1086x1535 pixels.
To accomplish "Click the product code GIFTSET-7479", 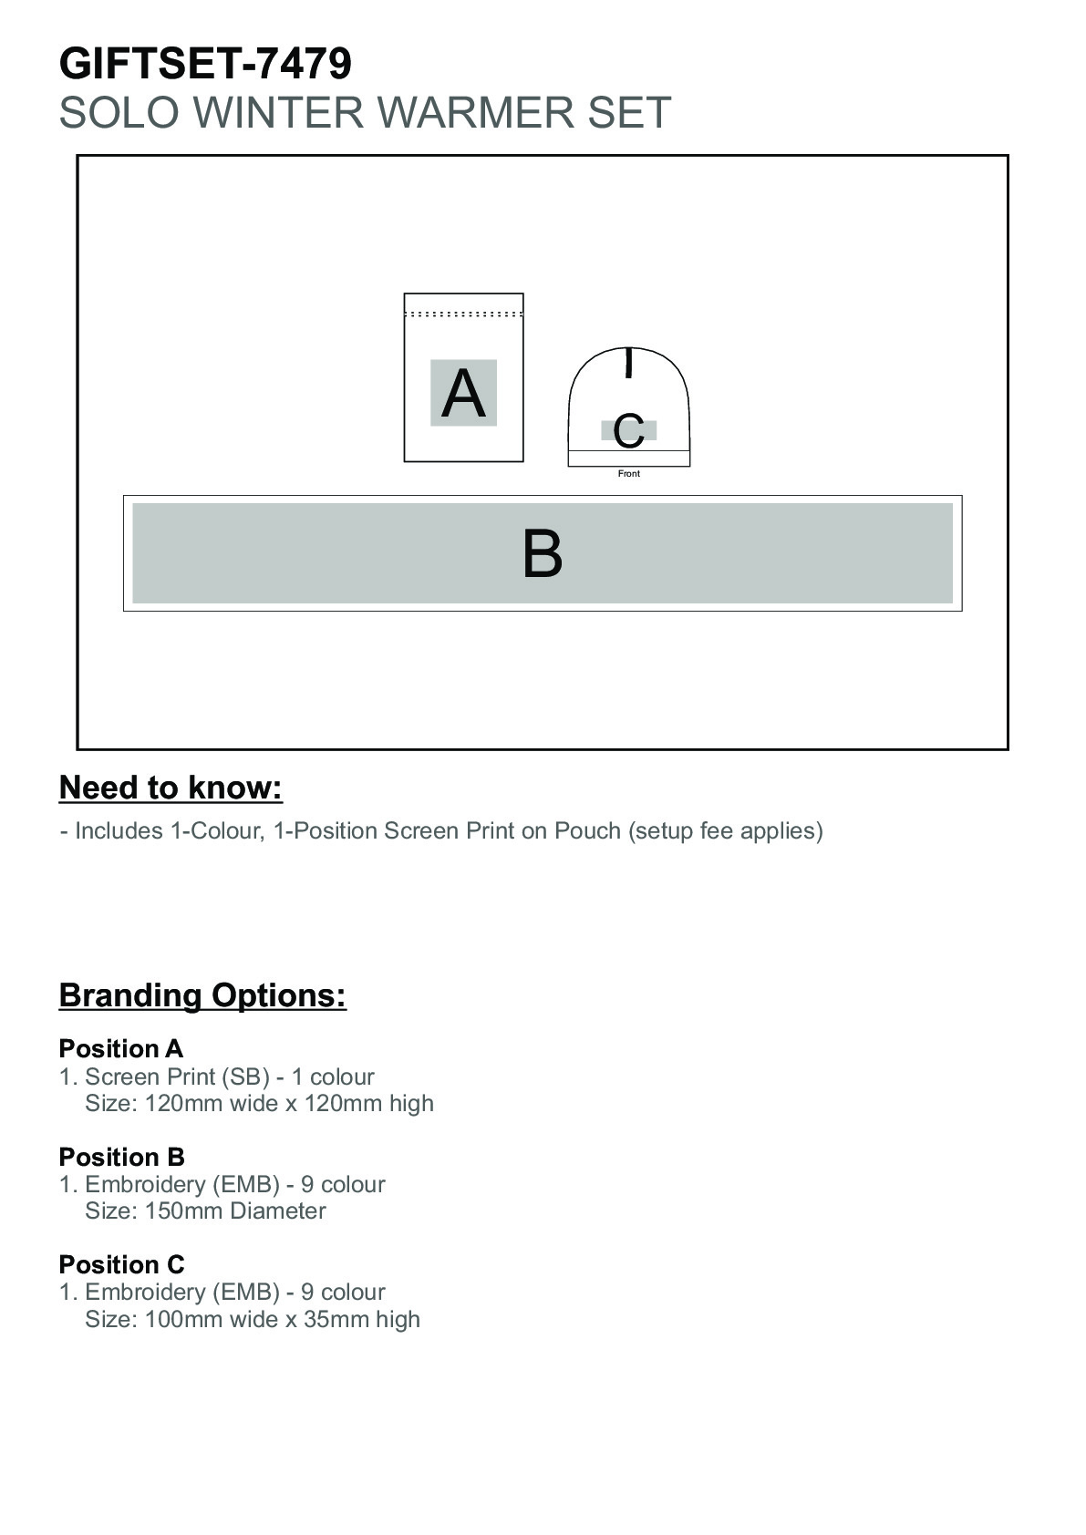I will (205, 65).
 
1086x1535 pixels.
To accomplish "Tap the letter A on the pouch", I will (463, 394).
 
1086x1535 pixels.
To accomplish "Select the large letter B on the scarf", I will (543, 553).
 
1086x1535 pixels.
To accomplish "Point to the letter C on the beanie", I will (628, 431).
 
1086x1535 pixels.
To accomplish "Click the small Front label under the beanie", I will (629, 474).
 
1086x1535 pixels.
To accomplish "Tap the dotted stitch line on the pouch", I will (463, 314).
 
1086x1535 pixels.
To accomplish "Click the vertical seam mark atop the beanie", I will (628, 363).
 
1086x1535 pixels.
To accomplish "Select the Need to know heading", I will (171, 788).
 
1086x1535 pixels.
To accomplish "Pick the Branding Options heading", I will (202, 994).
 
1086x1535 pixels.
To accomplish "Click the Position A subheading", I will (121, 1049).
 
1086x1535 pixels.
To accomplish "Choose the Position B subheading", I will (121, 1158).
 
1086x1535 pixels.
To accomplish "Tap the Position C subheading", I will (121, 1265).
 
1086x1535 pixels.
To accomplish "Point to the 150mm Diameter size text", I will (235, 1211).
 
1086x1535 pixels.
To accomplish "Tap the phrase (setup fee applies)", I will (725, 831).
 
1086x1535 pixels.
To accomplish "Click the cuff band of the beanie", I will (629, 458).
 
